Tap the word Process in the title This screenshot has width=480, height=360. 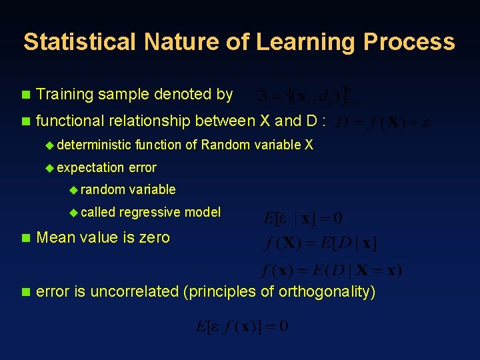[409, 42]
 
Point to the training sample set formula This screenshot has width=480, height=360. [305, 96]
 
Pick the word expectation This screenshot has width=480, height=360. [91, 167]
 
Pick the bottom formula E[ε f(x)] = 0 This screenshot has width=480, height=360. [242, 327]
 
